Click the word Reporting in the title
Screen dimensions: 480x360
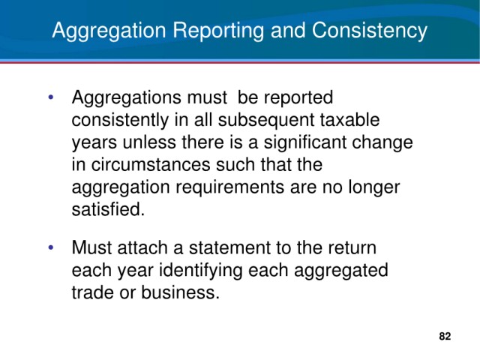click(x=219, y=31)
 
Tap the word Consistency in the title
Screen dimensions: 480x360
click(x=370, y=31)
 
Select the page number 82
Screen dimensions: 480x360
click(x=445, y=336)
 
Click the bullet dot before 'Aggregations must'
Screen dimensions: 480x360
click(x=51, y=97)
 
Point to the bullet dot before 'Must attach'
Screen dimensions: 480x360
click(x=51, y=247)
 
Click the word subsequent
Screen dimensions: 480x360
click(x=266, y=120)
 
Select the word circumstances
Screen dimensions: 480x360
click(x=150, y=165)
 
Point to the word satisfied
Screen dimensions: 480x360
click(x=108, y=210)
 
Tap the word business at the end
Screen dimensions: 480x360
click(x=180, y=292)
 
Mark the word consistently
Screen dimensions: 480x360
click(x=120, y=120)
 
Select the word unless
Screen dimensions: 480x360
click(x=150, y=142)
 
